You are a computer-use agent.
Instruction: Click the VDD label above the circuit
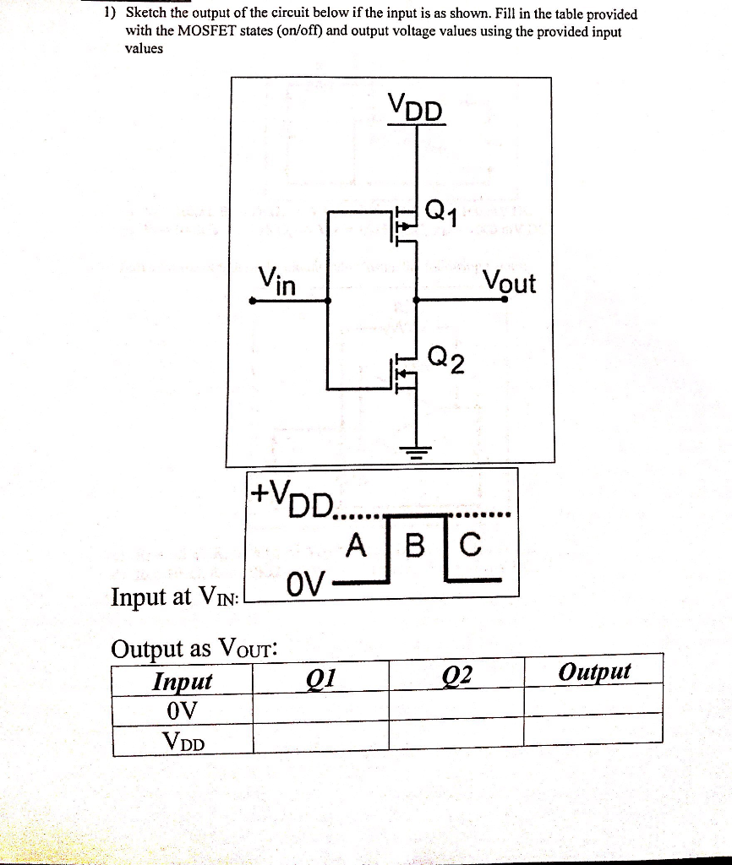coord(415,108)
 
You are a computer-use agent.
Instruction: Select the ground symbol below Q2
coord(414,448)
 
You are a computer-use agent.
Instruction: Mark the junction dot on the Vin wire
coord(328,299)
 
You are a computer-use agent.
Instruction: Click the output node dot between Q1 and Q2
coord(415,299)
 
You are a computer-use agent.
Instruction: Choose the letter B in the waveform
coord(414,547)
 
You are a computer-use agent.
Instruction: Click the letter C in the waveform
coord(470,547)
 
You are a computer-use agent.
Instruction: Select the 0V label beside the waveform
coord(304,583)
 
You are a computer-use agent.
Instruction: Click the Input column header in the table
coord(183,680)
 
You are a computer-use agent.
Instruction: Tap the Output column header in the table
coord(594,672)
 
